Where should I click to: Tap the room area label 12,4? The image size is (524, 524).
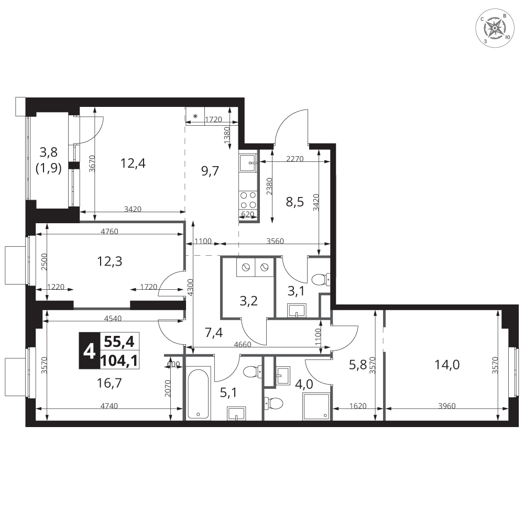click(x=133, y=163)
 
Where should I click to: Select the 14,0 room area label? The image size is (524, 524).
click(x=447, y=365)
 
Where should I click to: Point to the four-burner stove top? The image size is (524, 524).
click(x=248, y=200)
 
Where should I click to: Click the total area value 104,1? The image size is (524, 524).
click(x=119, y=361)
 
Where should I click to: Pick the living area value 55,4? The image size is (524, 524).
click(x=119, y=342)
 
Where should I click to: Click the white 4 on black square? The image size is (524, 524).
click(x=89, y=351)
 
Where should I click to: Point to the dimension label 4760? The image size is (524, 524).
click(x=110, y=231)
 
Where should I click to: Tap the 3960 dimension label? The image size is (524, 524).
click(x=447, y=406)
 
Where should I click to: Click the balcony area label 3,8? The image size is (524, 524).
click(x=48, y=152)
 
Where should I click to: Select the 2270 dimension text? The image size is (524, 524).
click(x=294, y=159)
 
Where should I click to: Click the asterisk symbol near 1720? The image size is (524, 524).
click(x=195, y=116)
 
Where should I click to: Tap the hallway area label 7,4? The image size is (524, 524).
click(x=214, y=333)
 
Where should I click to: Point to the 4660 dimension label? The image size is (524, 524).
click(x=243, y=345)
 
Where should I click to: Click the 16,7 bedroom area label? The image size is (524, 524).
click(x=110, y=383)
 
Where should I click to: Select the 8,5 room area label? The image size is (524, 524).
click(x=294, y=202)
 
